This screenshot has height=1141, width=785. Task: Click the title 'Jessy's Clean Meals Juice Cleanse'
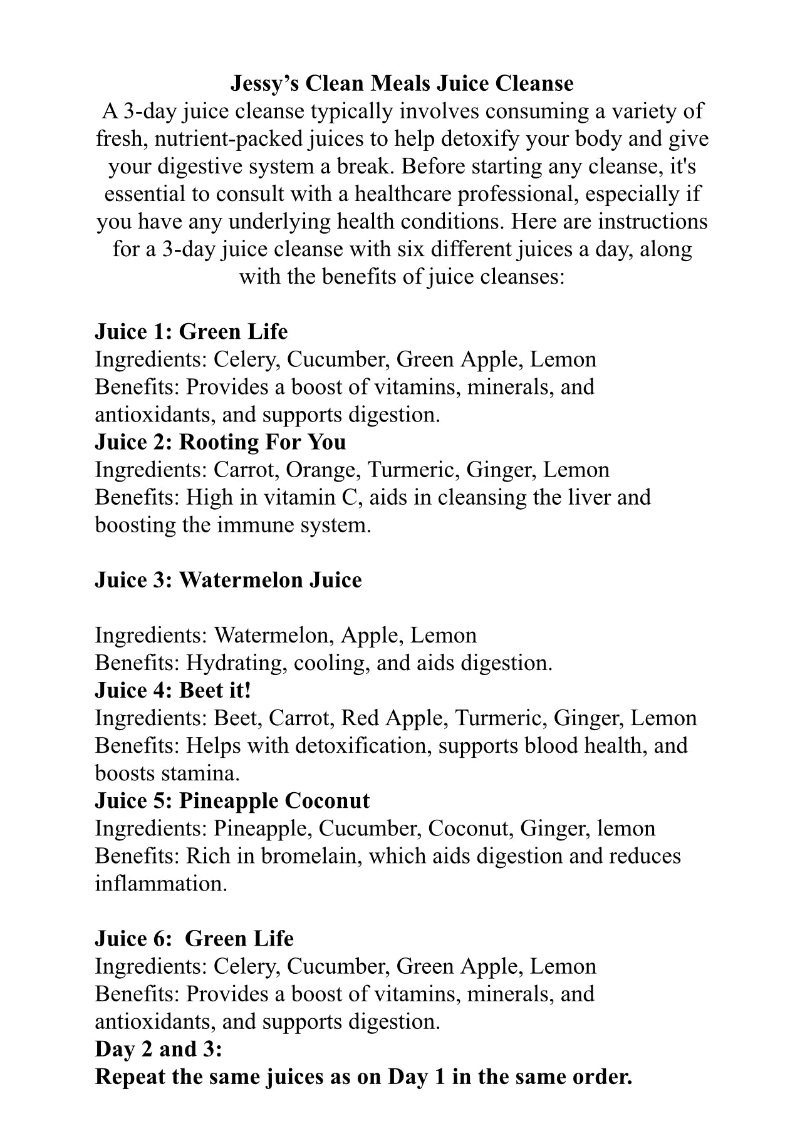402,83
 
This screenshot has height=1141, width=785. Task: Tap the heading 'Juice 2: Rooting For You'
220,442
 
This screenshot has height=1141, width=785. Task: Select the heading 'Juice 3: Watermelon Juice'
228,580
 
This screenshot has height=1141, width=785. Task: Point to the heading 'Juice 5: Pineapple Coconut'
232,800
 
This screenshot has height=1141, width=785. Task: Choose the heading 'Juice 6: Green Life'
194,938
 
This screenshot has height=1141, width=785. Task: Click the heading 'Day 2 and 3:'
159,1048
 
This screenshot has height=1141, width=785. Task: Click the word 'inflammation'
161,883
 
